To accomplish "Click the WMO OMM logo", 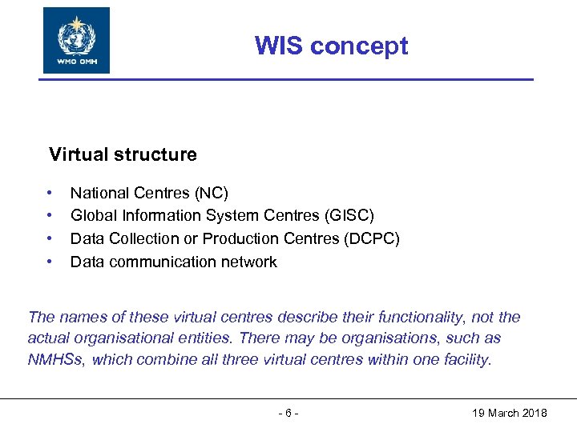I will pos(76,41).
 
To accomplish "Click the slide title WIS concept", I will pos(331,46).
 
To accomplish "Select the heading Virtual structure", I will pos(123,154).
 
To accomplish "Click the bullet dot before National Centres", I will pos(50,193).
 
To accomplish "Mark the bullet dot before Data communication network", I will pos(50,262).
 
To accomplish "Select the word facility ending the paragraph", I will pos(466,360).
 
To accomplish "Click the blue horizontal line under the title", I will pos(288,79).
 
